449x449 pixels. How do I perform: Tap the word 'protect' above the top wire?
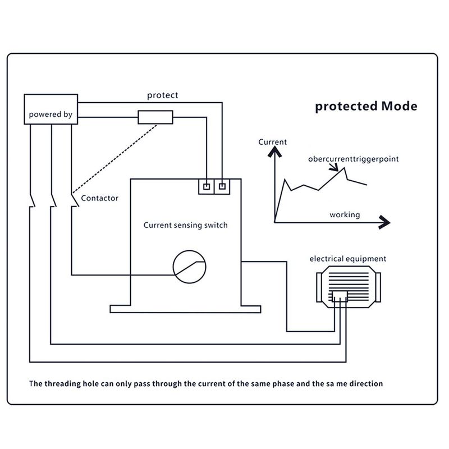[x=162, y=95]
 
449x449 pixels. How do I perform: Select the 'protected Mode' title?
[x=366, y=106]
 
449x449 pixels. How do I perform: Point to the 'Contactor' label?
[x=100, y=198]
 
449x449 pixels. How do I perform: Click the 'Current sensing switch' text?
[x=186, y=225]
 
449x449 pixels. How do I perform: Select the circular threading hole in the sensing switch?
[x=189, y=250]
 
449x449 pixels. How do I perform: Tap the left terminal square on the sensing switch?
[x=207, y=187]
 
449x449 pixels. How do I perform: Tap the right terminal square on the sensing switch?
[x=222, y=186]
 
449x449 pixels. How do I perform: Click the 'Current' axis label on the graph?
[x=272, y=142]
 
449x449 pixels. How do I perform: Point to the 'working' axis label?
[x=345, y=215]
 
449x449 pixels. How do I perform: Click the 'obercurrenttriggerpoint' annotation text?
[x=354, y=159]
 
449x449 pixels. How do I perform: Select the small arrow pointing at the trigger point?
[x=333, y=167]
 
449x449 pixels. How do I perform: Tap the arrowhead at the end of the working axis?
[x=384, y=222]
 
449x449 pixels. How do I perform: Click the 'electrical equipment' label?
[x=348, y=259]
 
